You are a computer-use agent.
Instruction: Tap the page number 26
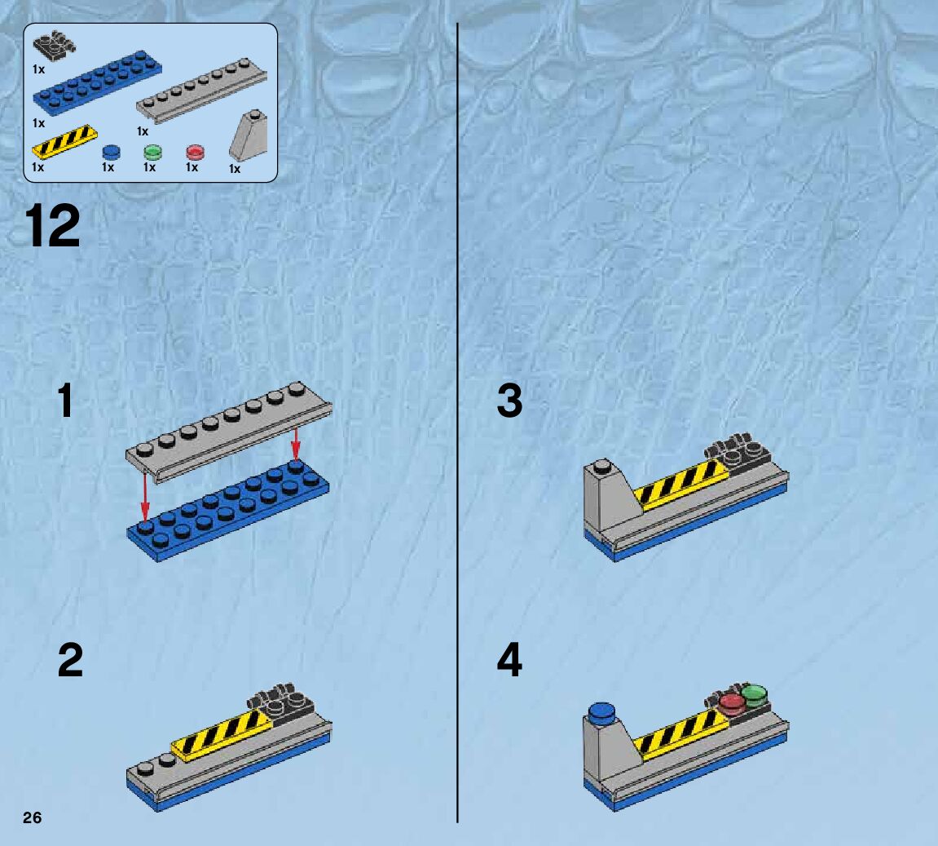tap(32, 818)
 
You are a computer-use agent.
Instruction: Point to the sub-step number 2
tap(70, 660)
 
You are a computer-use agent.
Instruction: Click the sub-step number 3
tap(509, 402)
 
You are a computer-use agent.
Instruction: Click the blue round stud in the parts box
tap(111, 152)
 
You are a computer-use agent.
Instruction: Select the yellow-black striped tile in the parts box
tap(65, 141)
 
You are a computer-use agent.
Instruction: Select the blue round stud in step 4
tap(601, 712)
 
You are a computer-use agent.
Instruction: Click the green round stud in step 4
tap(755, 694)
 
